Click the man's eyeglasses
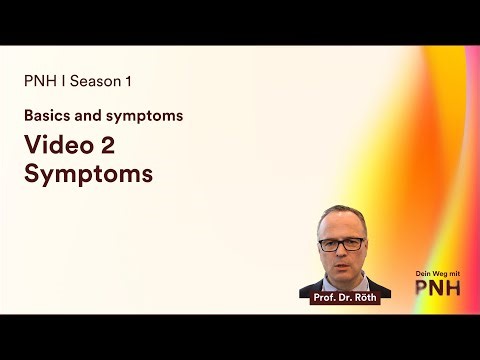coord(340,242)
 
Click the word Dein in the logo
coord(423,273)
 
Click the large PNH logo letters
coord(439,289)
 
